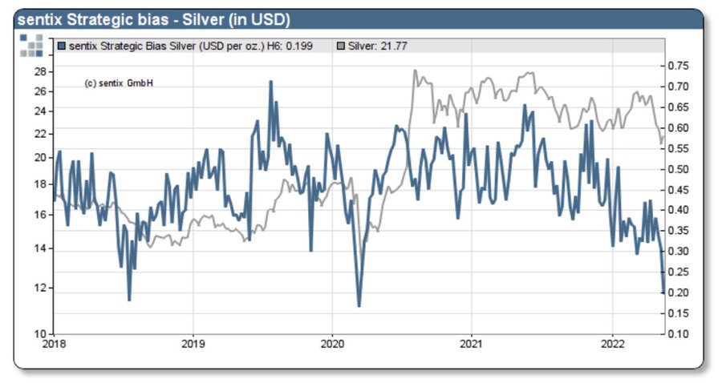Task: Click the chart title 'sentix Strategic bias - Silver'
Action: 153,19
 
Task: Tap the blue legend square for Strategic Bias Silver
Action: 63,46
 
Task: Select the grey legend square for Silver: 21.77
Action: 341,46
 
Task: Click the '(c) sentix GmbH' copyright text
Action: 119,83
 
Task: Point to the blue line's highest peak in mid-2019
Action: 270,81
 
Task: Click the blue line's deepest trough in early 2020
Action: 359,306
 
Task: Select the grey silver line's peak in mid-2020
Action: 415,71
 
